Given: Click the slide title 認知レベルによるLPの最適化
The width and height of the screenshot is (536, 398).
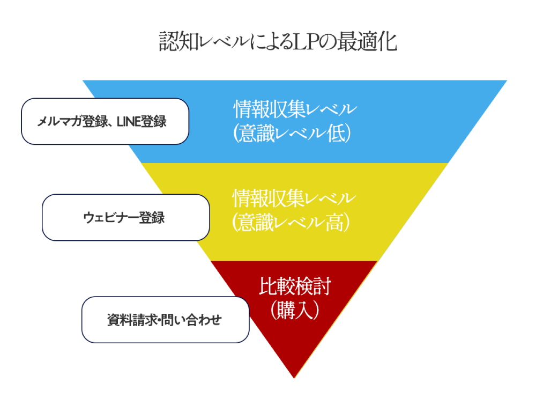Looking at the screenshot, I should point(278,42).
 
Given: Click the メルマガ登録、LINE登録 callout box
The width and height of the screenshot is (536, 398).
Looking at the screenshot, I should point(105,121).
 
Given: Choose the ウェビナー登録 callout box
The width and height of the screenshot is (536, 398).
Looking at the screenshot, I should point(125,217).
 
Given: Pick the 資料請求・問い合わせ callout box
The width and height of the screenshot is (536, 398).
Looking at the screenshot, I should point(165,320).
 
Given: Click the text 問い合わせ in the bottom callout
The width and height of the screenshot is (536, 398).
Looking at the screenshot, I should point(196,320).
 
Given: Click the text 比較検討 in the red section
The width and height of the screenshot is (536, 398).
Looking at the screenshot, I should point(294,286).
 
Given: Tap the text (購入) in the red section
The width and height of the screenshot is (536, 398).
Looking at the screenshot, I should point(295,310).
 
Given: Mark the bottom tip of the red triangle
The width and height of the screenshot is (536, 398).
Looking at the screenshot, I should point(294,377).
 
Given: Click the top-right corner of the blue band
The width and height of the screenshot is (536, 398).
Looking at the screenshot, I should point(505,81).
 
